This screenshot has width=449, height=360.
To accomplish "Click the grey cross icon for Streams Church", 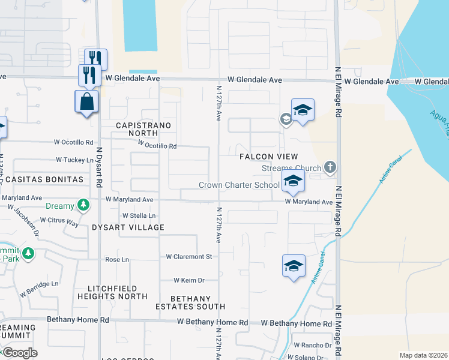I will click(x=329, y=167).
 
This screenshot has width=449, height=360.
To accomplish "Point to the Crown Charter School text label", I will click(x=239, y=185).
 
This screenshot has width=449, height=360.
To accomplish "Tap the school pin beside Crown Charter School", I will click(x=292, y=181).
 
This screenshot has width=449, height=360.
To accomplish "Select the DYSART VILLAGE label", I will click(x=128, y=228).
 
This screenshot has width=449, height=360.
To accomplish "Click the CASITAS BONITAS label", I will click(x=42, y=179).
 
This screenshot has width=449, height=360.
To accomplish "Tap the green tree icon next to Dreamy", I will click(x=83, y=206).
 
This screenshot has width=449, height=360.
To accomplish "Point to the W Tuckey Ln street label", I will click(x=75, y=160).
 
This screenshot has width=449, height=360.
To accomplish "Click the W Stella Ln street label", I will click(x=139, y=215).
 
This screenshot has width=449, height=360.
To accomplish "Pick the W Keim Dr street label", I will click(x=189, y=280).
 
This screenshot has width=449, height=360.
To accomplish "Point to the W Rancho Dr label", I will click(x=313, y=346).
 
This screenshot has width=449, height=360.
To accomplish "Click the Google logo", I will click(x=20, y=353).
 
